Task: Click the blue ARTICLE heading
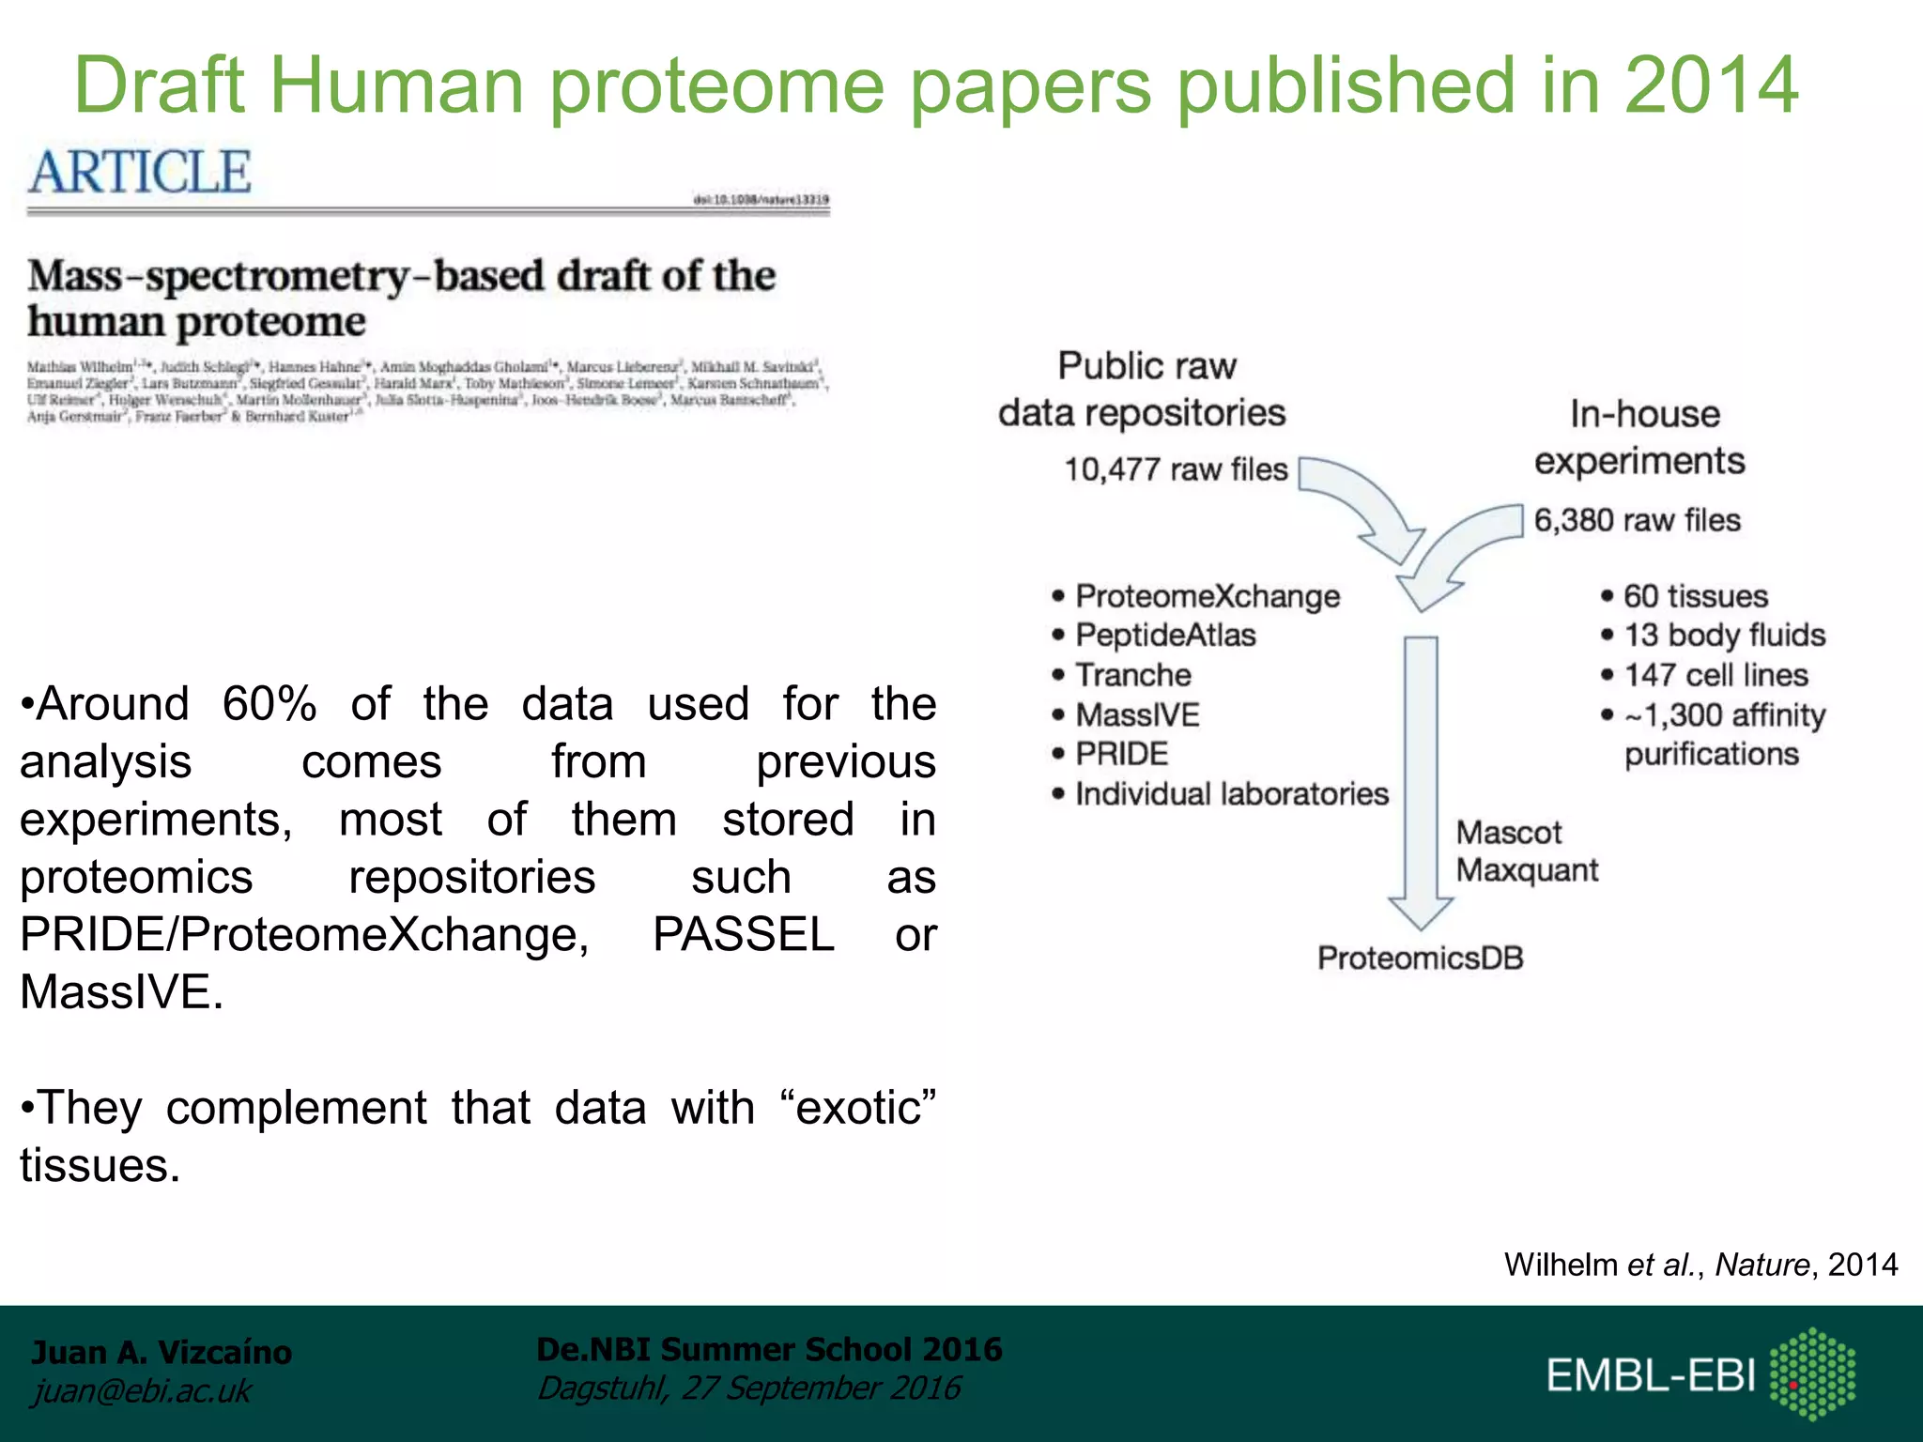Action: click(x=140, y=172)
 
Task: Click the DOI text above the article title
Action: click(x=761, y=199)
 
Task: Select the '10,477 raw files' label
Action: click(x=1176, y=469)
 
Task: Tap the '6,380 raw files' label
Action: click(x=1637, y=520)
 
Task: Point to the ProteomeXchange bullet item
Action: click(x=1208, y=596)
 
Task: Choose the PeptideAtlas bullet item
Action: click(x=1165, y=636)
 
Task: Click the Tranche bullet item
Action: click(x=1133, y=675)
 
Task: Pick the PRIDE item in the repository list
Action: click(x=1122, y=754)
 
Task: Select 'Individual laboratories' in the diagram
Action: click(x=1231, y=794)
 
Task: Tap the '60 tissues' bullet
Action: click(x=1695, y=596)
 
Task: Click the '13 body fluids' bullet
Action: click(x=1724, y=636)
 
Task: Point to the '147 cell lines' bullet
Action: click(x=1715, y=675)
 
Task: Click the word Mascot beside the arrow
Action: click(x=1508, y=833)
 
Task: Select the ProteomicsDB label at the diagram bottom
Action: click(x=1420, y=959)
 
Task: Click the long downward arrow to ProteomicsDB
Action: click(x=1421, y=779)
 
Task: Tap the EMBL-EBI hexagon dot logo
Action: click(x=1812, y=1373)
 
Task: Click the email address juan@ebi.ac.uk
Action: click(x=142, y=1391)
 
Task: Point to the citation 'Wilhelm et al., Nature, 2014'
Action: click(x=1700, y=1265)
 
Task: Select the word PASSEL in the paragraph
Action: click(x=744, y=935)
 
